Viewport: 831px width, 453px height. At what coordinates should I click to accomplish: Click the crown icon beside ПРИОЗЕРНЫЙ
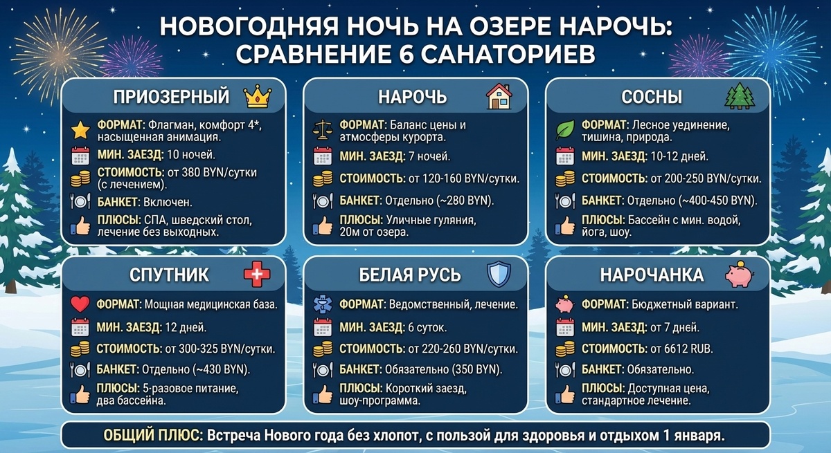[x=258, y=96]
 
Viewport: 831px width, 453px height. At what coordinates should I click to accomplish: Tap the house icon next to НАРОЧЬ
[x=498, y=96]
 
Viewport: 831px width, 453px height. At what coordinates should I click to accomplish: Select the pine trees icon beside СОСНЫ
[x=738, y=96]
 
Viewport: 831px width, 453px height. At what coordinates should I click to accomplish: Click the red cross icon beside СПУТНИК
[x=257, y=275]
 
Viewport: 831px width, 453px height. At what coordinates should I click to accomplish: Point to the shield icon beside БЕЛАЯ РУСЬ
[x=498, y=275]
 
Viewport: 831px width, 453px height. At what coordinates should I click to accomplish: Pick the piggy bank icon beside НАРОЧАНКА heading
[x=738, y=275]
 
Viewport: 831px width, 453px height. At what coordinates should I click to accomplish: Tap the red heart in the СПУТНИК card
[x=81, y=304]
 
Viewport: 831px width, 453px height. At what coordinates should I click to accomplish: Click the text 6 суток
[x=429, y=327]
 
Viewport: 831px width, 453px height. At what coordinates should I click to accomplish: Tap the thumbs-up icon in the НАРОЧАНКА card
[x=565, y=395]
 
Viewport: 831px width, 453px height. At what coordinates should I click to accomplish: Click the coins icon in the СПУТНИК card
[x=81, y=349]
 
